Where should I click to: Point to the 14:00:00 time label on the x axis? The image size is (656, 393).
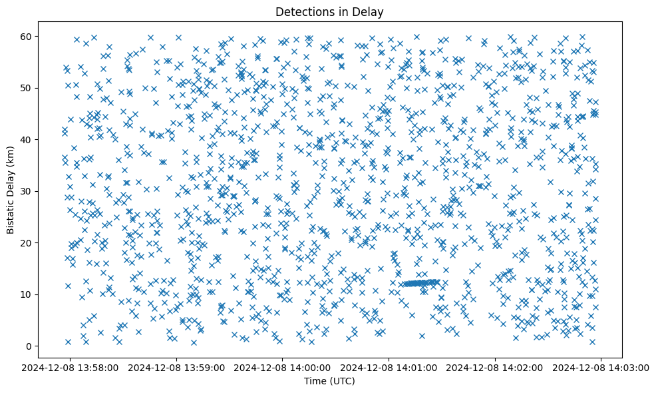[283, 367]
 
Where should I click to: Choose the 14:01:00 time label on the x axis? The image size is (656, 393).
[389, 367]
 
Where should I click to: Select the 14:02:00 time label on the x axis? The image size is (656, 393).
[495, 367]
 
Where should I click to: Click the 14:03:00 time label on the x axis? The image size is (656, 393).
[601, 367]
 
